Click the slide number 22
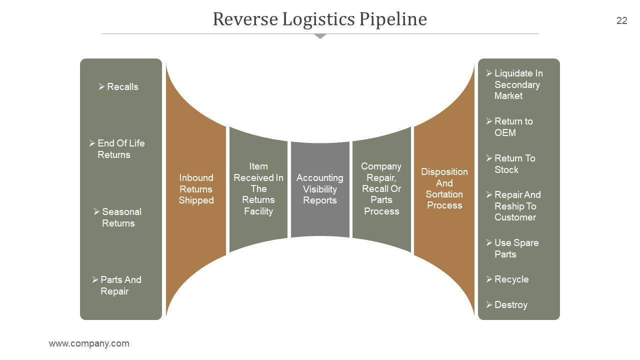pyautogui.click(x=621, y=20)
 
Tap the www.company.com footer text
pyautogui.click(x=89, y=343)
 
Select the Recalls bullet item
pyautogui.click(x=118, y=86)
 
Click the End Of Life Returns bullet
pyautogui.click(x=117, y=149)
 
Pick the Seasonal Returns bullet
pyautogui.click(x=118, y=217)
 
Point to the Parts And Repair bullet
pyautogui.click(x=117, y=285)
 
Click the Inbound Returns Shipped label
pyautogui.click(x=196, y=189)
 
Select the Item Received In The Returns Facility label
pyautogui.click(x=258, y=188)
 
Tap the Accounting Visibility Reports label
pyautogui.click(x=320, y=189)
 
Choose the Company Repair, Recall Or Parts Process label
pyautogui.click(x=381, y=188)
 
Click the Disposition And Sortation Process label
pyautogui.click(x=444, y=188)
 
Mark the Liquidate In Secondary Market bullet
pyautogui.click(x=515, y=84)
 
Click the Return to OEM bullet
pyautogui.click(x=510, y=127)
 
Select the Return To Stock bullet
pyautogui.click(x=511, y=164)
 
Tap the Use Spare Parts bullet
pyautogui.click(x=512, y=248)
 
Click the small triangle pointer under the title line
pyautogui.click(x=320, y=36)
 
